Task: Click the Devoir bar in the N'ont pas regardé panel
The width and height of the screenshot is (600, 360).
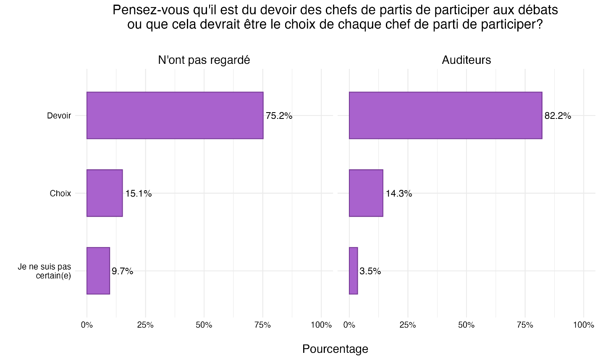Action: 175,115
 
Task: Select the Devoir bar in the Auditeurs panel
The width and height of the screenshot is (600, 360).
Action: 445,115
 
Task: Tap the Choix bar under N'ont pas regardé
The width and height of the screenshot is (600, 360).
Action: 105,193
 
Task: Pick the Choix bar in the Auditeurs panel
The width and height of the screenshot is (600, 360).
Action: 366,193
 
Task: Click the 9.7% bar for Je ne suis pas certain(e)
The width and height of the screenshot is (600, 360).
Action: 98,271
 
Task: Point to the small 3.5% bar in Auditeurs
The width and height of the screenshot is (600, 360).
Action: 353,271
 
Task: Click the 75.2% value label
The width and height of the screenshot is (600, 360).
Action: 279,116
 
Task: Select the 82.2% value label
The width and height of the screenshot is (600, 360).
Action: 558,116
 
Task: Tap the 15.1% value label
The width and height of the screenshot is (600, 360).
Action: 138,194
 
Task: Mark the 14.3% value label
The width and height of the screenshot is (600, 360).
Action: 399,194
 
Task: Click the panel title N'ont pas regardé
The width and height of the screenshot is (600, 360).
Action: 204,60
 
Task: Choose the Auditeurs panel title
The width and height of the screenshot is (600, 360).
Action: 466,60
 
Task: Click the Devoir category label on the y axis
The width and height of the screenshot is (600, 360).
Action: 59,116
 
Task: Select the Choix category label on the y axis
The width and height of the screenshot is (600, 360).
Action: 60,194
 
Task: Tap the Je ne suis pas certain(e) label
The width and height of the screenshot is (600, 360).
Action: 45,271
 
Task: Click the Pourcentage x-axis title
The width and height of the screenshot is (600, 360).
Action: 335,349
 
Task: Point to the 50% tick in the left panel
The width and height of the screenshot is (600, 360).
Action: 204,325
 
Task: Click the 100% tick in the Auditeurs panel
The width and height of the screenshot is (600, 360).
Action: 583,325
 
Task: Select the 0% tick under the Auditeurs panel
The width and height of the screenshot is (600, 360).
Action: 349,325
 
